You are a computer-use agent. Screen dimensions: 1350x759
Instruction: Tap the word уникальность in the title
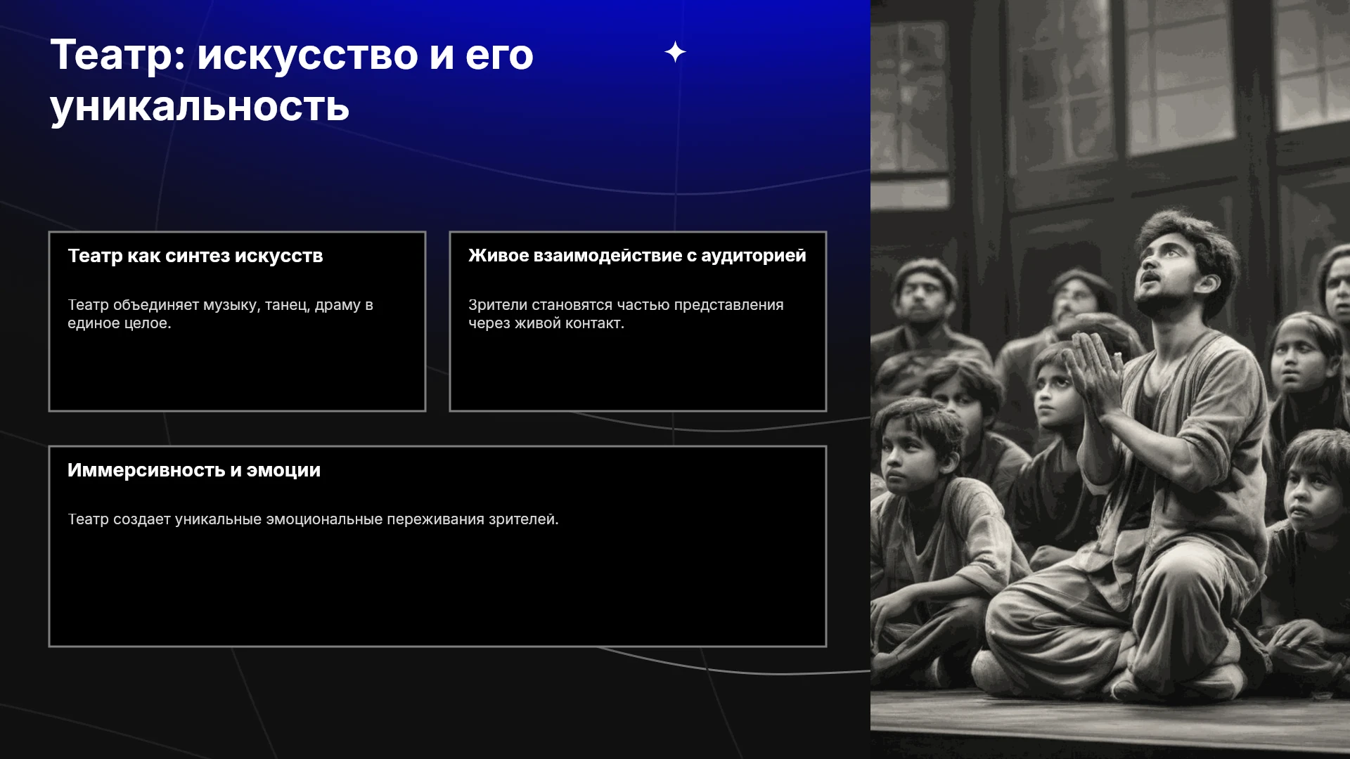tap(200, 107)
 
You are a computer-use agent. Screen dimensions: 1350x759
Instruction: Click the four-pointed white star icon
tap(675, 52)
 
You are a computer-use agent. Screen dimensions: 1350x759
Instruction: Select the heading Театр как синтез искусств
tap(195, 256)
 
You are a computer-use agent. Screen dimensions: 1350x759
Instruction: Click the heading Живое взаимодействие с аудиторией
tap(637, 256)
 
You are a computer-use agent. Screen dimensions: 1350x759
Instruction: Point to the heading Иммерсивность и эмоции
tap(194, 470)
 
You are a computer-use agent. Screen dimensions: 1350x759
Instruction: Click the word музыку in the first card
tap(231, 305)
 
